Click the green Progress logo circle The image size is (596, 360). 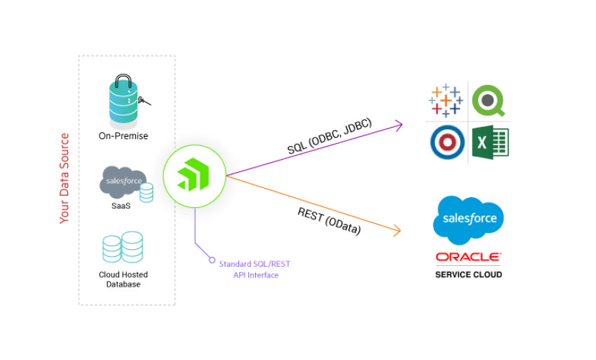[x=194, y=175]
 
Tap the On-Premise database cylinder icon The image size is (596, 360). [x=123, y=100]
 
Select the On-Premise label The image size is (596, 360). [x=123, y=135]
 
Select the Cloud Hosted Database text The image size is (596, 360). [x=123, y=279]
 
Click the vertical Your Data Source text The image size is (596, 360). [x=65, y=178]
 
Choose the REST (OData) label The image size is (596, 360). [x=329, y=220]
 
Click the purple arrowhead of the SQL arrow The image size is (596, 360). [x=399, y=125]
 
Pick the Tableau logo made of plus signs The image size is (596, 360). [x=445, y=100]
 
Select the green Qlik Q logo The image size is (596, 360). [x=489, y=100]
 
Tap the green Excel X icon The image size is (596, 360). [x=489, y=142]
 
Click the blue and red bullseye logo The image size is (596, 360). [x=447, y=142]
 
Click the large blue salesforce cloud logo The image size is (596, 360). [x=468, y=218]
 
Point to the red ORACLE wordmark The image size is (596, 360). [x=468, y=258]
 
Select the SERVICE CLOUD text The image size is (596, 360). [x=468, y=274]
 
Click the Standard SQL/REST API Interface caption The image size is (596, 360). [x=255, y=269]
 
